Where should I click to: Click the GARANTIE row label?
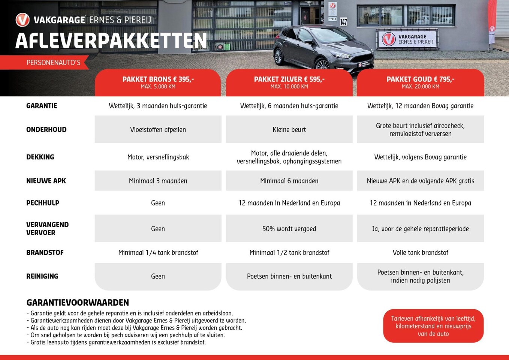42,106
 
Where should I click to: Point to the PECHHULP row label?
43,203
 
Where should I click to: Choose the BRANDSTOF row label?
45,252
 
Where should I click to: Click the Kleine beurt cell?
289,129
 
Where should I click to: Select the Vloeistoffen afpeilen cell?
158,129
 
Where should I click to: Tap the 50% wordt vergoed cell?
289,229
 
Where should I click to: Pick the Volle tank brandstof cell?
420,252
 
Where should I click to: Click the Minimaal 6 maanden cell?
289,181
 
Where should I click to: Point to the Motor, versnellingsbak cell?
158,157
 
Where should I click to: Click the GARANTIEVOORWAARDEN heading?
78,303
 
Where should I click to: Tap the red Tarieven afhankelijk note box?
433,326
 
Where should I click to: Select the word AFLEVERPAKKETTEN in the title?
111,41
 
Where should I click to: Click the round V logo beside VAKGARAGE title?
22,20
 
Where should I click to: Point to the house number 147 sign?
343,22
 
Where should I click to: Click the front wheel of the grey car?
322,65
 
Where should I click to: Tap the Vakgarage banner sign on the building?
407,39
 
